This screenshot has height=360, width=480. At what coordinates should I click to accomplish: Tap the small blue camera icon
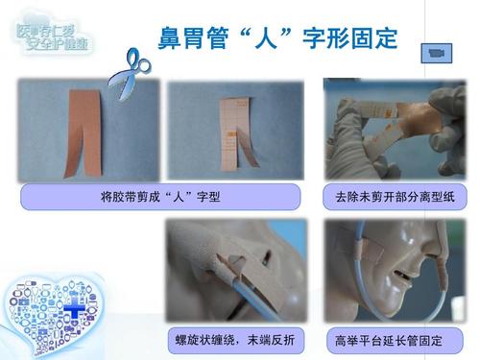[x=440, y=53]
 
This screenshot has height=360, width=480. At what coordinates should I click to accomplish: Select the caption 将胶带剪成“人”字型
[x=162, y=199]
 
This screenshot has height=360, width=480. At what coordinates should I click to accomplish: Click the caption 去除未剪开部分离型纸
[x=394, y=199]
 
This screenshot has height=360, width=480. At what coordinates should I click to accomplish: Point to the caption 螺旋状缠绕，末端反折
[x=235, y=339]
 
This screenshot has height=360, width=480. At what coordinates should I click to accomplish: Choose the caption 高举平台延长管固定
[x=388, y=339]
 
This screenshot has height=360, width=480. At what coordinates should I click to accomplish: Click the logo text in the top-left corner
[x=54, y=39]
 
